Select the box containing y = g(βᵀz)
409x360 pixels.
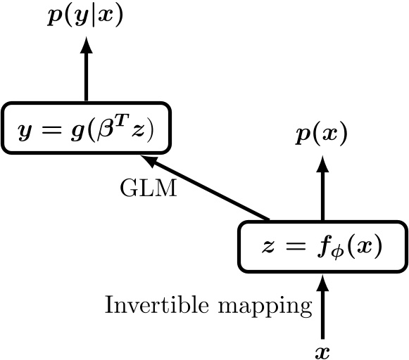coord(86,129)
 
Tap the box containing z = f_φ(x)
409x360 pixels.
coord(322,247)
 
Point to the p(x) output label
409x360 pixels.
coord(322,135)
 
